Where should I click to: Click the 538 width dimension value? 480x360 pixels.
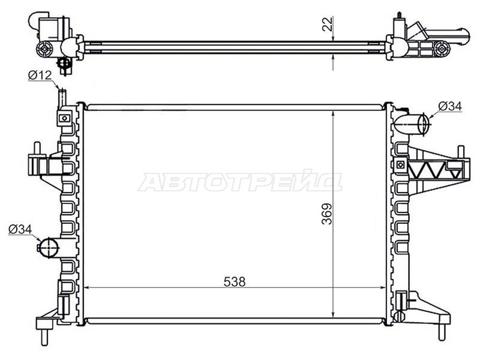tap(235, 281)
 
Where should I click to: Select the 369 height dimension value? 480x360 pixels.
tap(327, 214)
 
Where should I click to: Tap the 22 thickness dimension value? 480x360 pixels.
tap(327, 24)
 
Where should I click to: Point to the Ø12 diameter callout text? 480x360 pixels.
tap(40, 75)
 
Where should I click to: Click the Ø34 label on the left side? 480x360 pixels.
tap(20, 229)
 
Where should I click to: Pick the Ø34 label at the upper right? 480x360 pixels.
tap(449, 106)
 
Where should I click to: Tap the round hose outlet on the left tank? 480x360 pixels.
tap(49, 248)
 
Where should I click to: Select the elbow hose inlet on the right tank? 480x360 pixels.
tap(412, 125)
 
